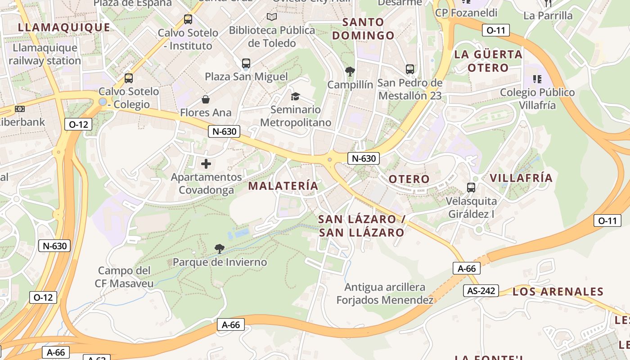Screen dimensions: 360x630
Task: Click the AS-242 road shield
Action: click(481, 291)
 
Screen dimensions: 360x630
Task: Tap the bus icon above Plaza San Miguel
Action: click(246, 63)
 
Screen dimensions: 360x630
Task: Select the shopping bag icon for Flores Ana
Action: click(206, 99)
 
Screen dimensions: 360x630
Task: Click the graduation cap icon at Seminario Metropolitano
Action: click(295, 96)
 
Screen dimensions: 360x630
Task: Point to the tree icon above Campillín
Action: click(350, 71)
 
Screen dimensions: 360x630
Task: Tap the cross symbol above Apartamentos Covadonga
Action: click(206, 163)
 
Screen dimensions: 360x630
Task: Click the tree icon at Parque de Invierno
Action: click(220, 248)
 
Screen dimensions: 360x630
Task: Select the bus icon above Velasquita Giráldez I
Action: click(471, 187)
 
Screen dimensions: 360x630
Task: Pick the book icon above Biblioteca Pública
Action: click(272, 17)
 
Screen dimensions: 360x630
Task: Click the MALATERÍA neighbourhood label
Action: click(283, 185)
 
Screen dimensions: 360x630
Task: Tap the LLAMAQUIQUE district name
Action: click(64, 27)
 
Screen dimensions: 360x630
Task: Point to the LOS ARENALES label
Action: click(558, 292)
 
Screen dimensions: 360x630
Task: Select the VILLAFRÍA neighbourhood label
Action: click(521, 178)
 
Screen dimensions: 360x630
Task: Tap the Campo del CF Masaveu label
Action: click(124, 277)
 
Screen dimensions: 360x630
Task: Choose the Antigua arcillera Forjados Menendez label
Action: click(385, 293)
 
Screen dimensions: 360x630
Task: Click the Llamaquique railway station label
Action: click(45, 54)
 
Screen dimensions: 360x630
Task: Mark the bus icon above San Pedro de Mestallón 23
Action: click(409, 69)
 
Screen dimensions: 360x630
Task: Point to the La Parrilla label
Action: click(548, 16)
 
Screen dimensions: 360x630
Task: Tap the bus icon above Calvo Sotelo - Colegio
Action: click(129, 78)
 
